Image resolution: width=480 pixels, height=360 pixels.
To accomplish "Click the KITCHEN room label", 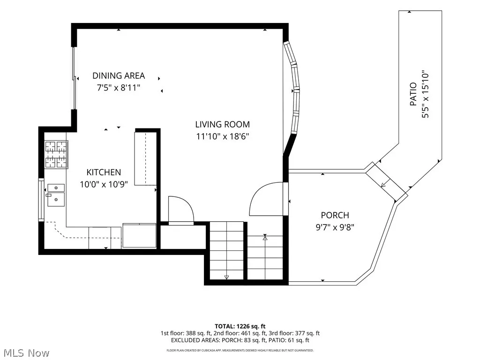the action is point(104,172).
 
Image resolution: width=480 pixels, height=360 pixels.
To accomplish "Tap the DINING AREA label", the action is point(119,75).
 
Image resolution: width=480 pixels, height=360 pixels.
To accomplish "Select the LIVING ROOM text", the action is point(223,124).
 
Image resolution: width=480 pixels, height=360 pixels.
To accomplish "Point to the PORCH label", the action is point(335,215).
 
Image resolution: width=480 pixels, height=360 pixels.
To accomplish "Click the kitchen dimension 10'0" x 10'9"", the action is point(104,184).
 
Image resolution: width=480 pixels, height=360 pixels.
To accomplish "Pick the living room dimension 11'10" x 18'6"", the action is point(223,136).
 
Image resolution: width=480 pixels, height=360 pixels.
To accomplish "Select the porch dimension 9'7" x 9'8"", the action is point(335,227).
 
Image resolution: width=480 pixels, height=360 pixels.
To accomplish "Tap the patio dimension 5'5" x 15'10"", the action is point(425,96).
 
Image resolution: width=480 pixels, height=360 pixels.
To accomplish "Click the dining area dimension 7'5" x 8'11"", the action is point(119,88).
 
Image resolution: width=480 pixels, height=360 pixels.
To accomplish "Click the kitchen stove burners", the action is point(56,154).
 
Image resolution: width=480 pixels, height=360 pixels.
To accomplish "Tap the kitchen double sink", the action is point(56,195).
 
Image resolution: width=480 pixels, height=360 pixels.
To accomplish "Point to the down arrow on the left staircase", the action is point(226,277).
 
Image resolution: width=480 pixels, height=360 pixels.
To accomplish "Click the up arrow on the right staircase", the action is point(265,237).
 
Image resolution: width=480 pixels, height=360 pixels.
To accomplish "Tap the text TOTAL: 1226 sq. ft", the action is point(240,326).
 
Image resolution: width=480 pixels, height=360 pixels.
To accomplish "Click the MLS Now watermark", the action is point(25,353).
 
